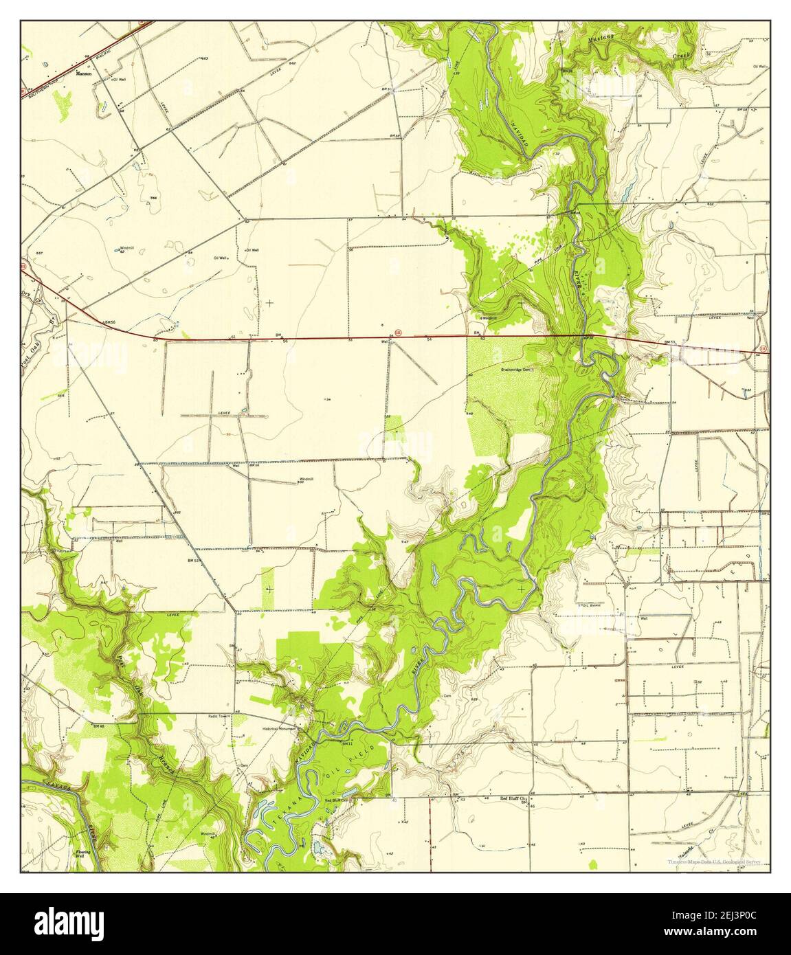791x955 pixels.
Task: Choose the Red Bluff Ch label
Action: click(x=510, y=798)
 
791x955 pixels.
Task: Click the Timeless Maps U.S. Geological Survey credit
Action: click(x=717, y=861)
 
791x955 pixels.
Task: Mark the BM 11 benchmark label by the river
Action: click(x=346, y=743)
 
